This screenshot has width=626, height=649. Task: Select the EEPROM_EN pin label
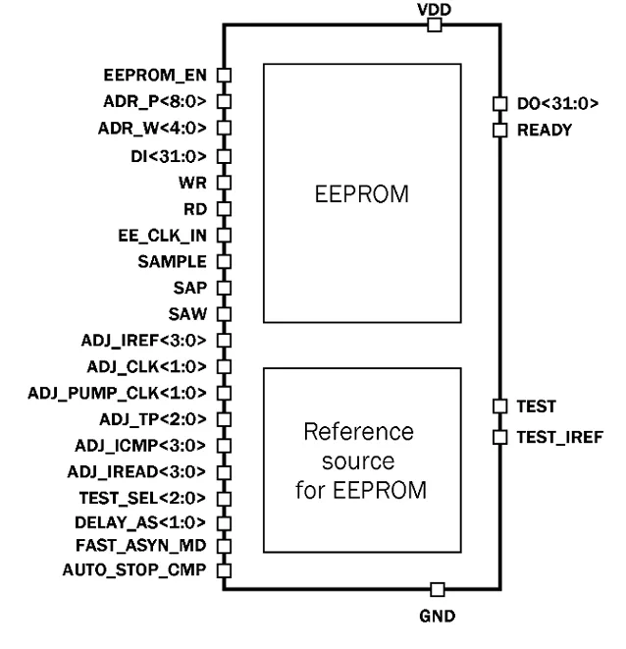point(156,74)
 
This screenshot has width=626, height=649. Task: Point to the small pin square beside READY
point(498,128)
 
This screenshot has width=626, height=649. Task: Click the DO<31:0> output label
point(556,102)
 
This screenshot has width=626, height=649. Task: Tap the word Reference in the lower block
point(362,432)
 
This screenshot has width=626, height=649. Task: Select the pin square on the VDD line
point(434,27)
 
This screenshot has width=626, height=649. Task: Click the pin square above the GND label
point(438,589)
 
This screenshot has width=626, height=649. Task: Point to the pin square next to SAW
point(223,314)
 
